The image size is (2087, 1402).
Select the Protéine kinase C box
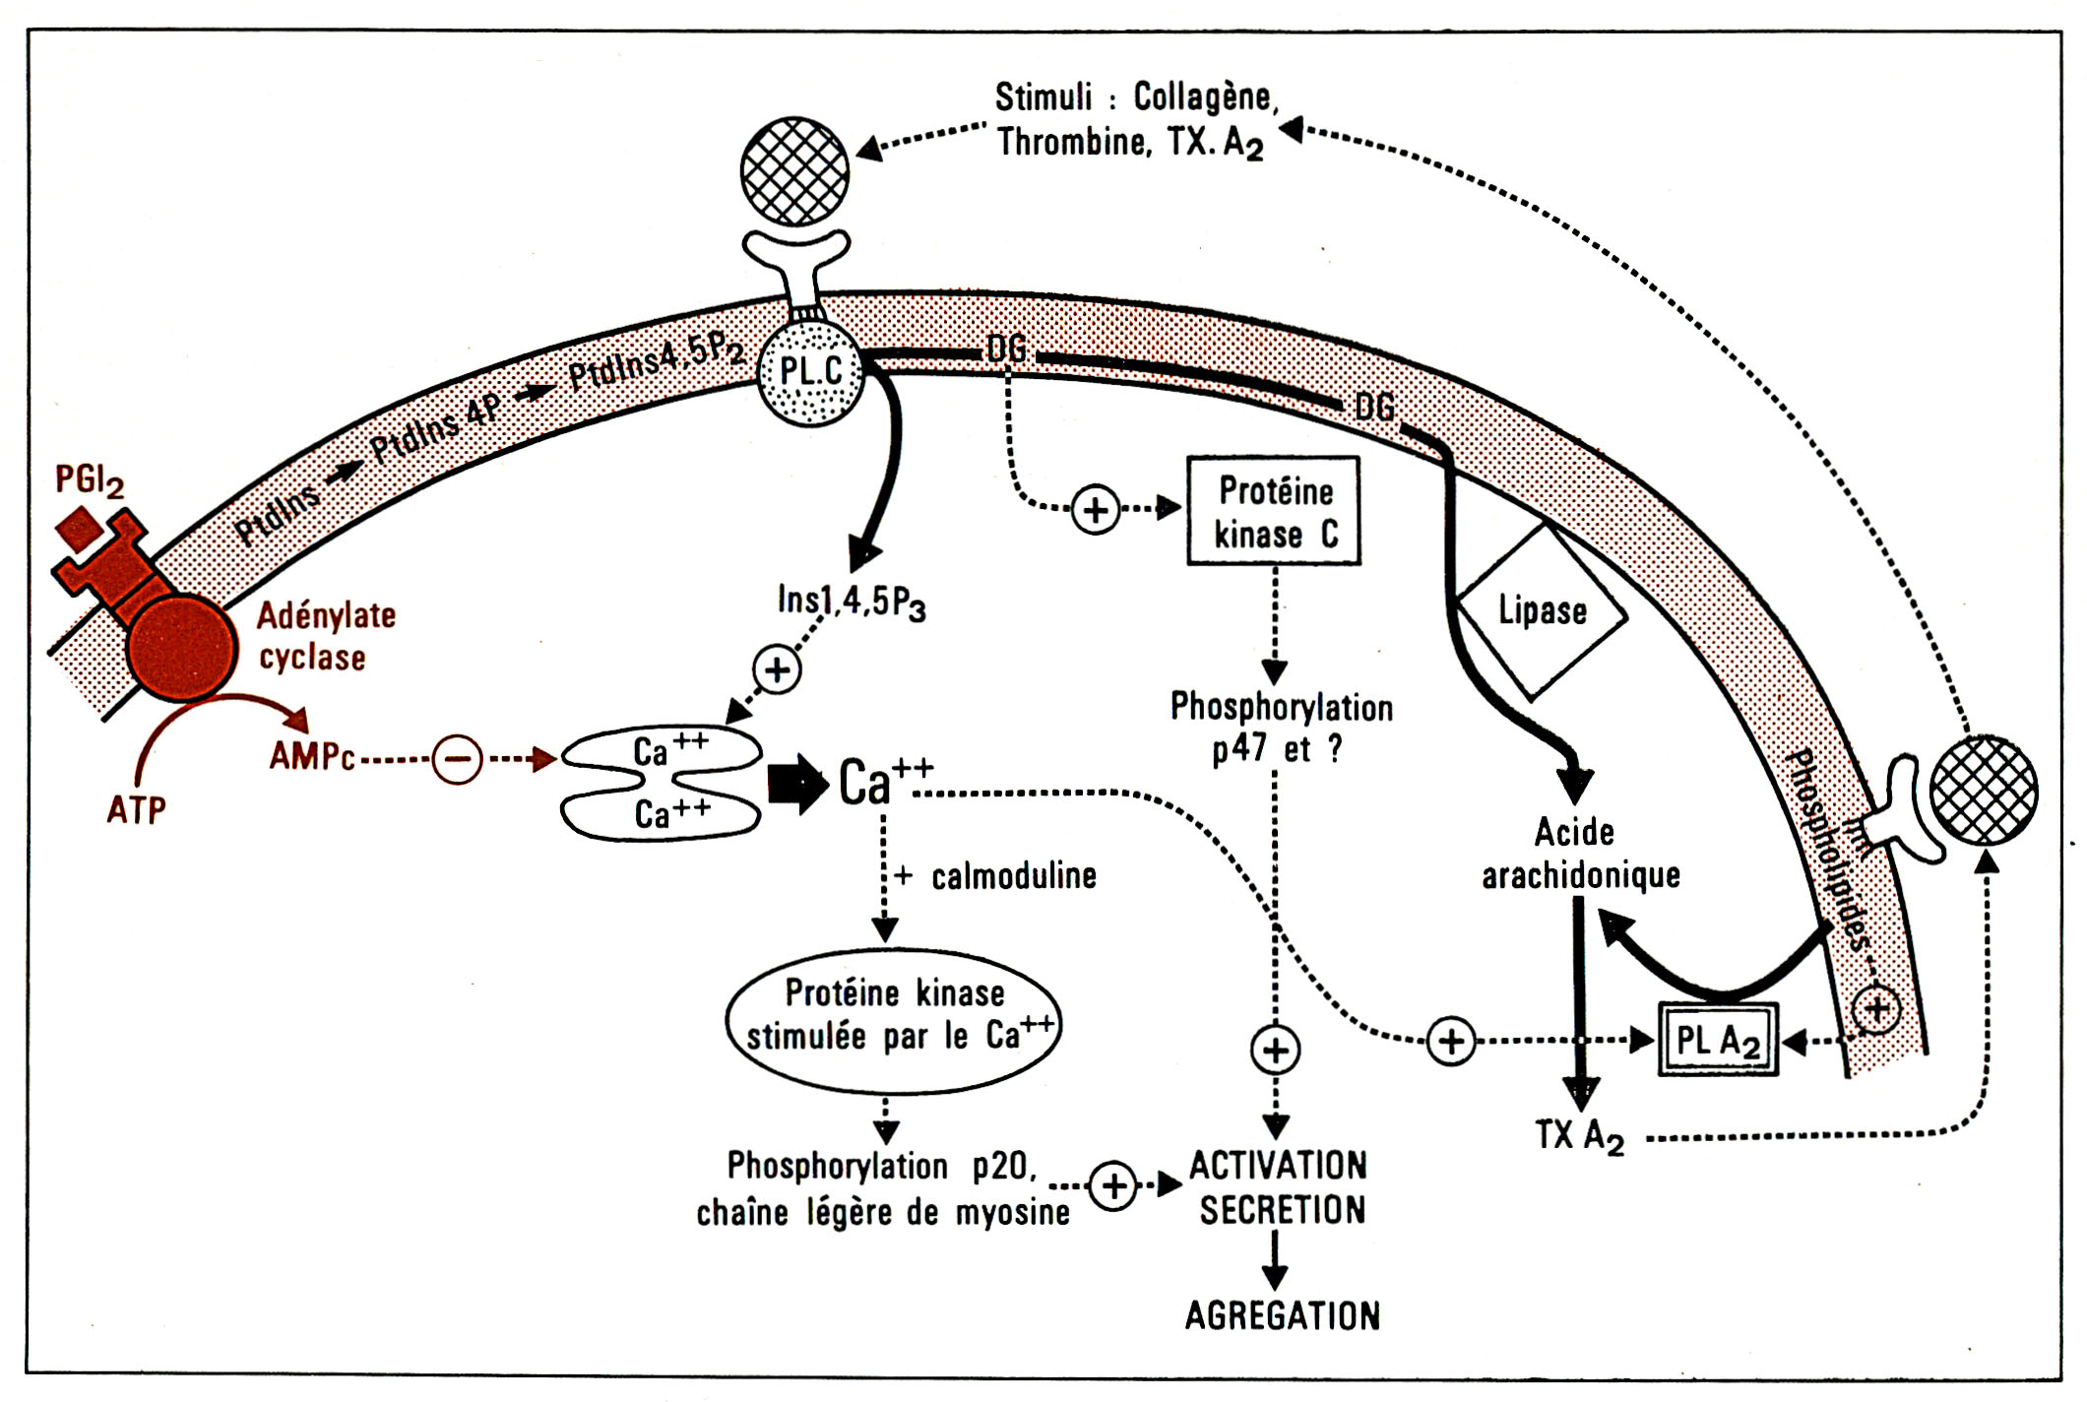pos(1274,511)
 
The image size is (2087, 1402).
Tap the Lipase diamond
pos(1542,611)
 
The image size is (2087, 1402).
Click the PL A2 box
pos(1718,1040)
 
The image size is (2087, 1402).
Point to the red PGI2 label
pos(89,480)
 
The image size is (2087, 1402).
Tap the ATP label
pos(136,810)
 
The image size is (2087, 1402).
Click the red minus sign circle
pos(457,759)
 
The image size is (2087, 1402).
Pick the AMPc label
pos(312,756)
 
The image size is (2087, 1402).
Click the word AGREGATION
pos(1282,1316)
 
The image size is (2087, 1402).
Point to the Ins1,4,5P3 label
pos(851,602)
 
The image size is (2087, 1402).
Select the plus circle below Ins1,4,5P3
pos(778,670)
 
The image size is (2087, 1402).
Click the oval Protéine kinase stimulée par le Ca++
pos(894,1020)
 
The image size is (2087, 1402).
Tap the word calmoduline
pos(1014,876)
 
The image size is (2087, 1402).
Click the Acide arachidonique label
pos(1579,854)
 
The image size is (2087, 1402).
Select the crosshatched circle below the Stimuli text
pos(794,171)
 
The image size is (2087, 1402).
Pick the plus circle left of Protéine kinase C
pos(1096,510)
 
